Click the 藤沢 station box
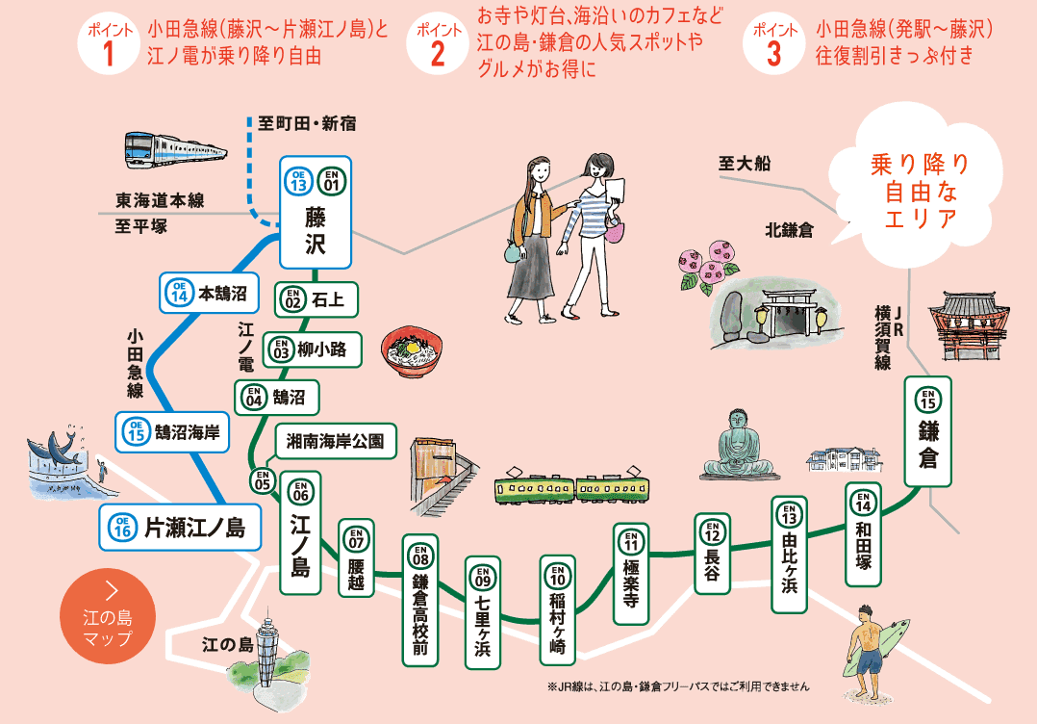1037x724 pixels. [316, 212]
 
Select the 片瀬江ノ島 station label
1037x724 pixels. [180, 527]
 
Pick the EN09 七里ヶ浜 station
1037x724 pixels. [482, 612]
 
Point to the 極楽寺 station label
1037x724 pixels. [631, 574]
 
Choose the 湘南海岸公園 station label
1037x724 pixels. [336, 441]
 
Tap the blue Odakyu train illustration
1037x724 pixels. [176, 149]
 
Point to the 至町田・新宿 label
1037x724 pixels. [308, 123]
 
